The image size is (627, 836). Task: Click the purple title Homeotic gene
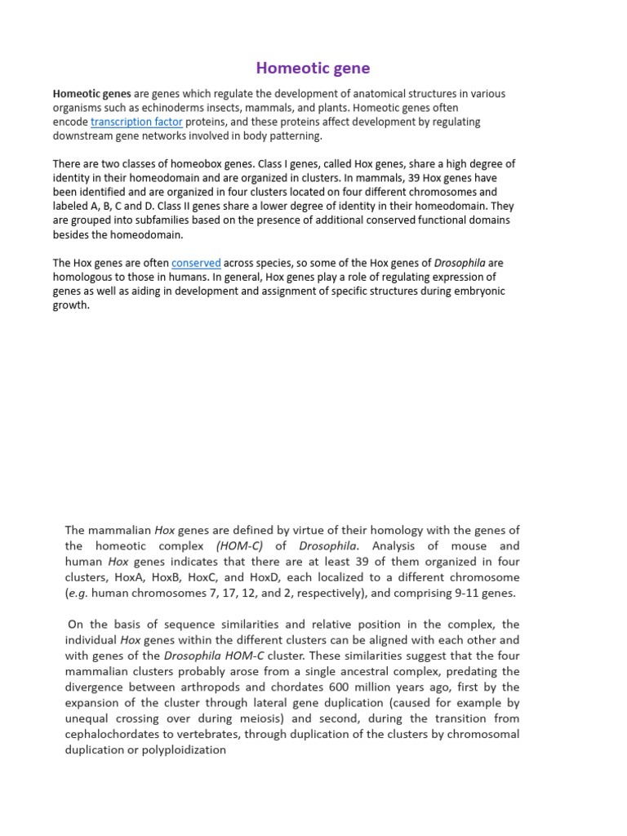tap(313, 68)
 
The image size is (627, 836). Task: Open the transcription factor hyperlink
tap(136, 122)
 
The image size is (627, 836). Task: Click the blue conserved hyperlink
tap(196, 263)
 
